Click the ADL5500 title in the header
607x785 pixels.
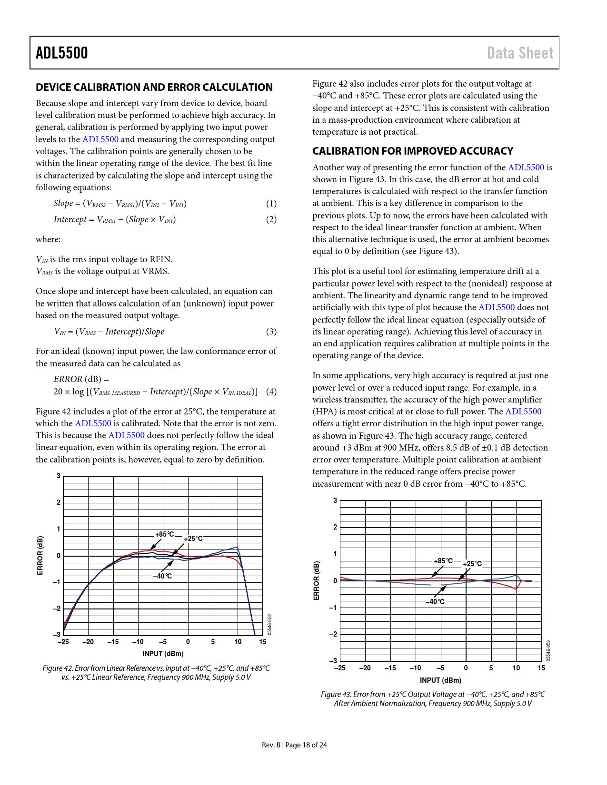(62, 53)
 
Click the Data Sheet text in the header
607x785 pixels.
(520, 53)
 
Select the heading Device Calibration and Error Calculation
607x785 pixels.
(154, 87)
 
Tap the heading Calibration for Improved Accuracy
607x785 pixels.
(413, 151)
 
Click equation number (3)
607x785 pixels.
(271, 332)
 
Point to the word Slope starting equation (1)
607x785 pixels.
(63, 204)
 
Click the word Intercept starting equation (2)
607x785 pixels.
(70, 219)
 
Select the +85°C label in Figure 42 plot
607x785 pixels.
(165, 534)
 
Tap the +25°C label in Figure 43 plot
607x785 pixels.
(472, 564)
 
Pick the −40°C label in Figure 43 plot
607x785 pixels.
(435, 602)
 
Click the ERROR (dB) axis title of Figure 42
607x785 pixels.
(40, 555)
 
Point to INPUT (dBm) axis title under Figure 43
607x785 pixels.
(440, 680)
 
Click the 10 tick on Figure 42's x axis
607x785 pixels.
(238, 642)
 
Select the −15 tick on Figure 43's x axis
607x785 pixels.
(390, 668)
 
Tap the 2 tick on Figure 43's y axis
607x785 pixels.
(335, 527)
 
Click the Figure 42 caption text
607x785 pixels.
(156, 673)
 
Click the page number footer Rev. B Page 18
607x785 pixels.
(294, 745)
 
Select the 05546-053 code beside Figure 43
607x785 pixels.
(548, 650)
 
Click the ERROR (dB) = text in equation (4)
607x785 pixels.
(81, 379)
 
